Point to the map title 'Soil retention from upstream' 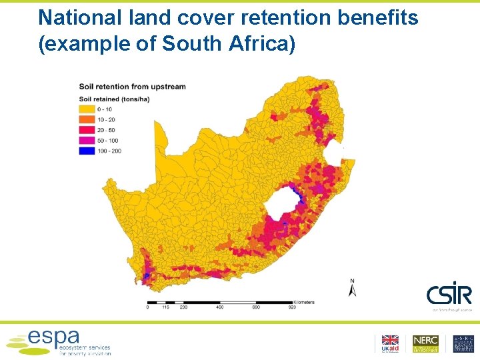(132, 87)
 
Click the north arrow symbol (353, 289)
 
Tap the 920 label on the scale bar (291, 307)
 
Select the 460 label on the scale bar (219, 307)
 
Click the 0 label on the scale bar (147, 307)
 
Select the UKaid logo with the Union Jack (389, 343)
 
